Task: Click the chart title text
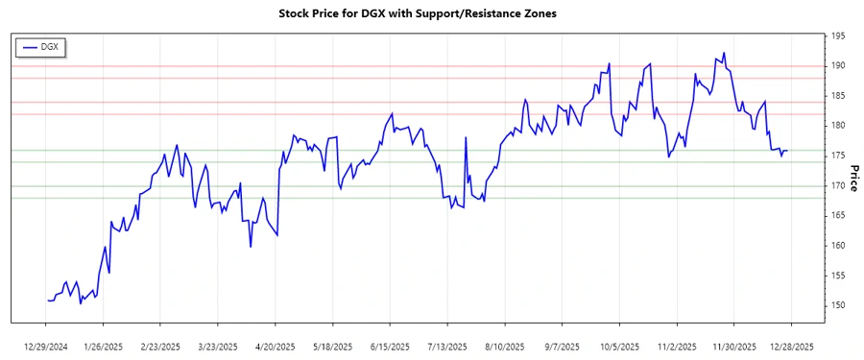(x=431, y=13)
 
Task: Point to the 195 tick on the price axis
(x=838, y=36)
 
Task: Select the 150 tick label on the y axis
(x=838, y=305)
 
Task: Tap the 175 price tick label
(x=838, y=156)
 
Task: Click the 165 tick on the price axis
(x=838, y=215)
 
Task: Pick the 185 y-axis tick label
(x=838, y=96)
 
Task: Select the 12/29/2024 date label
(x=47, y=346)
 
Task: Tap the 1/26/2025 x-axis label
(x=104, y=346)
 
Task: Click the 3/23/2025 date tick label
(x=218, y=346)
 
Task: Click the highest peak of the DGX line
(x=724, y=53)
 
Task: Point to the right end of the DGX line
(x=788, y=151)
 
